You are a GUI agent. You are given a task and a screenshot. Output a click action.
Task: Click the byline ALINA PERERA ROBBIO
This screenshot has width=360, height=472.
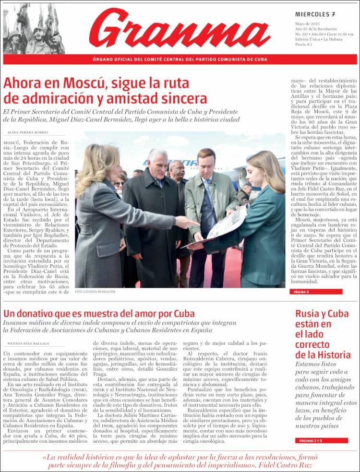point(28,132)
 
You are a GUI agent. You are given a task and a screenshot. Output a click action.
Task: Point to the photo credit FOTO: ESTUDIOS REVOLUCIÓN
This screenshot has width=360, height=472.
point(95,291)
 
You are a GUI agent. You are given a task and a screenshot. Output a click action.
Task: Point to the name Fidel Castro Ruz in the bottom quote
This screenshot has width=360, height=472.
point(286,465)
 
